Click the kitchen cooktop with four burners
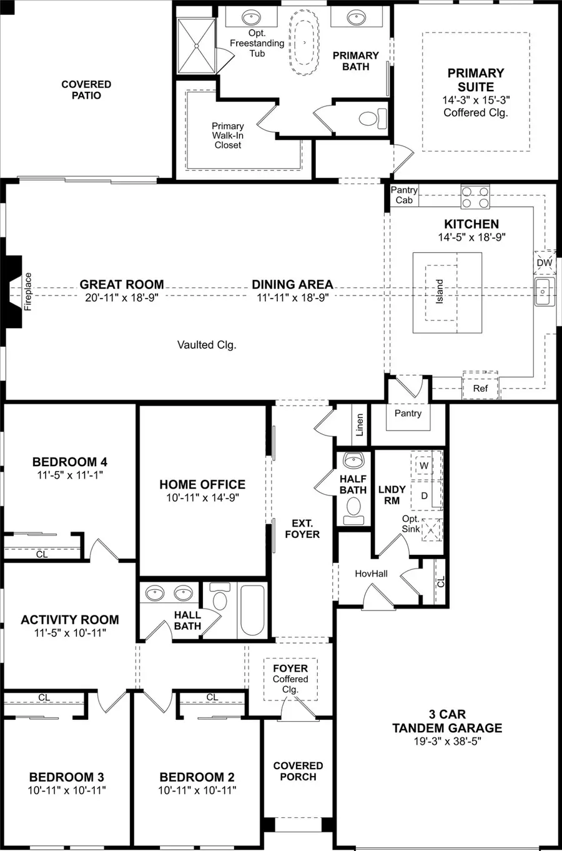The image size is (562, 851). [476, 197]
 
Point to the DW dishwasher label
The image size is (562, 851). [545, 262]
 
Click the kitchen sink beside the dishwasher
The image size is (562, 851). [543, 292]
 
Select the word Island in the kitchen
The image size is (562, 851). [440, 292]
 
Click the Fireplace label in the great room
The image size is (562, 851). [27, 292]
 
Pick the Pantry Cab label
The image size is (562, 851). [404, 195]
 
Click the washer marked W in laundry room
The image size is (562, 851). [424, 465]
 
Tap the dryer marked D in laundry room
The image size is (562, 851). [424, 495]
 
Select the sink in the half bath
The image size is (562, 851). [353, 461]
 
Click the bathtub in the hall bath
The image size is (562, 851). [253, 610]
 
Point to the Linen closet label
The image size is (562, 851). [360, 425]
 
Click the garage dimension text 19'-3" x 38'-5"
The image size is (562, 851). [446, 742]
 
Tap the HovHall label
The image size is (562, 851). [371, 573]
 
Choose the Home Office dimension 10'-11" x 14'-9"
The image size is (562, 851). [202, 497]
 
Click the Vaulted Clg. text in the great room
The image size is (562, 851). [207, 345]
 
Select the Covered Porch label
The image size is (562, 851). [298, 771]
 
